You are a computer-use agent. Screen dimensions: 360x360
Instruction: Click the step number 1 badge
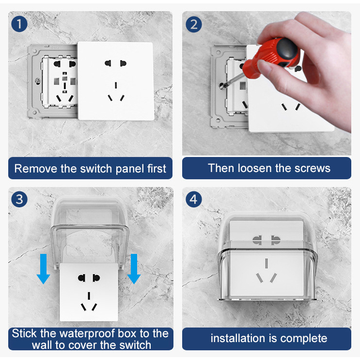(19, 24)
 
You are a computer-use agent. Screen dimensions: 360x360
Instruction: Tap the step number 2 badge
(193, 24)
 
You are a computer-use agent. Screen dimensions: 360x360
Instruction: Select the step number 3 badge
(19, 199)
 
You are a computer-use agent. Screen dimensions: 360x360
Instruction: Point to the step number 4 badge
(193, 199)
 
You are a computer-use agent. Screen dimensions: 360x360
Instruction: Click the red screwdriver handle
(271, 57)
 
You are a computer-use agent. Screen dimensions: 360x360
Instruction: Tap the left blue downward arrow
(44, 269)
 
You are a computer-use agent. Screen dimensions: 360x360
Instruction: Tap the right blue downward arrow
(134, 269)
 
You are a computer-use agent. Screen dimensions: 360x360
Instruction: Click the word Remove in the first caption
(36, 169)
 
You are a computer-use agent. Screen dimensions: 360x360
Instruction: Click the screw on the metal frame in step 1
(38, 81)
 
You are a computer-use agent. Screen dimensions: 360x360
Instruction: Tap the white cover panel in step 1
(116, 81)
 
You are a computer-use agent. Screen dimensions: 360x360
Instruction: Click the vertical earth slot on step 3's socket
(89, 296)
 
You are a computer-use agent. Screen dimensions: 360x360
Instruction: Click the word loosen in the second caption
(255, 168)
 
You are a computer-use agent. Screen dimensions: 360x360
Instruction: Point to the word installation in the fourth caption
(238, 338)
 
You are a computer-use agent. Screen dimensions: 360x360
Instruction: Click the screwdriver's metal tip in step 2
(222, 86)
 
